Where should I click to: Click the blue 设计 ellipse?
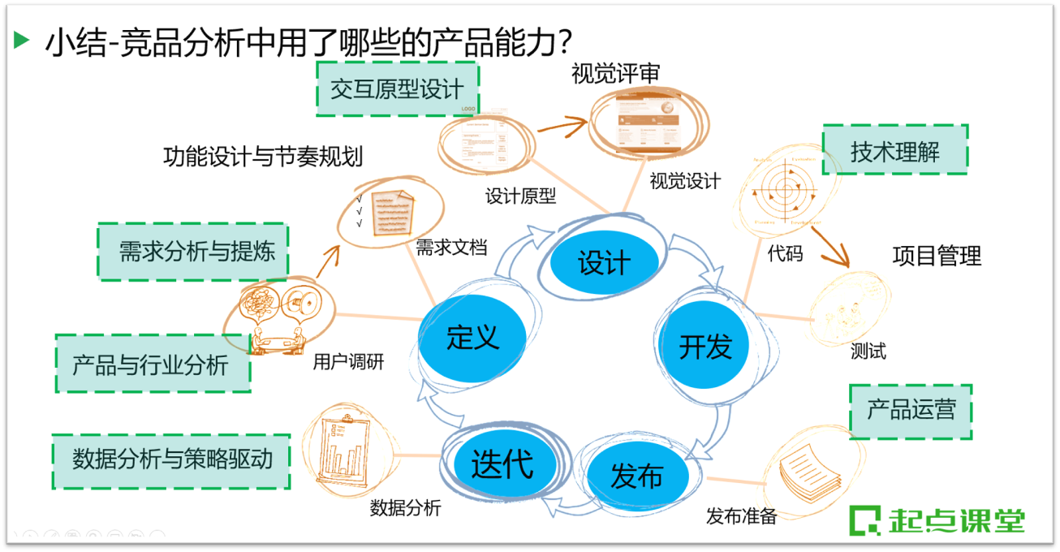(x=603, y=261)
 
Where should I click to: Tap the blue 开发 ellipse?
(x=705, y=346)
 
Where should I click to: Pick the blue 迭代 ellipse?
(x=504, y=464)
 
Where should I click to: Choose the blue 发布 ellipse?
(x=636, y=477)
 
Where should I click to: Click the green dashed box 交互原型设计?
(x=397, y=88)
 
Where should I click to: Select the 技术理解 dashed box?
(x=895, y=150)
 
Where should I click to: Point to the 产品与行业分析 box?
(x=152, y=364)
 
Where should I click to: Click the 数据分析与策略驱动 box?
(x=171, y=461)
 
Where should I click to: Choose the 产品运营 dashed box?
(x=910, y=410)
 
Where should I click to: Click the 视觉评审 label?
(x=615, y=75)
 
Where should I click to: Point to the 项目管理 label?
(x=937, y=256)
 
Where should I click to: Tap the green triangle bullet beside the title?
(x=22, y=40)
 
